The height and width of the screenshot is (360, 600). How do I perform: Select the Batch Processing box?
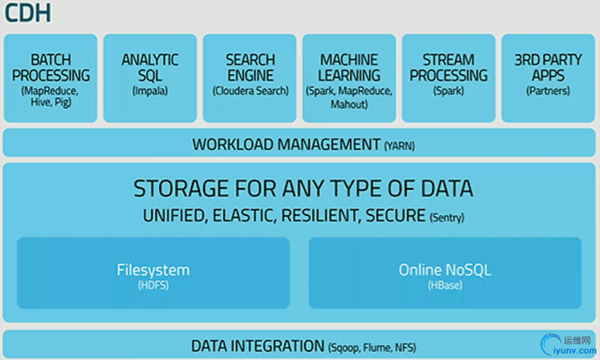50,78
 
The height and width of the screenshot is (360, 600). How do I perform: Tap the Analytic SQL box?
150,78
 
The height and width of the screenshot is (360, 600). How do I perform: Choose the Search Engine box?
249,78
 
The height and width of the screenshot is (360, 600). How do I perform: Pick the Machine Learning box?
349,78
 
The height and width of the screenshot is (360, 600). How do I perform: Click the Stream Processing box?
448,78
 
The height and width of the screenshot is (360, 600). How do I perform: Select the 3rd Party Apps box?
548,78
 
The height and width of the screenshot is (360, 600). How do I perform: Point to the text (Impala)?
150,91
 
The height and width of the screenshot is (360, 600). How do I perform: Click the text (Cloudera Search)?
250,91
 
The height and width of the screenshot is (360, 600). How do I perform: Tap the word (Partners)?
548,91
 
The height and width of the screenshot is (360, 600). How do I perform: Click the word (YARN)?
399,146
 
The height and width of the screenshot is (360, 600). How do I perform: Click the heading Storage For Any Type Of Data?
303,189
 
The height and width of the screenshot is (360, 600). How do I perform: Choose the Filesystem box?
153,273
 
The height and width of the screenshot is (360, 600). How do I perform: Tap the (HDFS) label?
153,285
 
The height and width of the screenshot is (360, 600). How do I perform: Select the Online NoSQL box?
445,273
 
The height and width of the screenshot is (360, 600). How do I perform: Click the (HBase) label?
445,285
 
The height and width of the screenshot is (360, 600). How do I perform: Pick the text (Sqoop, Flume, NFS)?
372,348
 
